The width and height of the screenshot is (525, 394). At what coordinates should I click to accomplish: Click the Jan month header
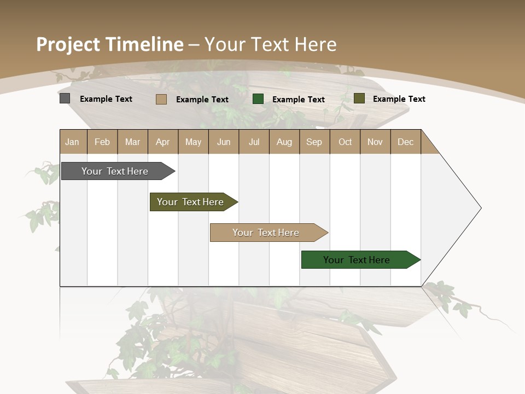[73, 142]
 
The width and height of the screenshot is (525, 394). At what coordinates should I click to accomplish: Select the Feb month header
[102, 142]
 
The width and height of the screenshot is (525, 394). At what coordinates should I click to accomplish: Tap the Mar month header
[132, 142]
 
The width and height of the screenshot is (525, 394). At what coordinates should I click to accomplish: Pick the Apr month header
[163, 142]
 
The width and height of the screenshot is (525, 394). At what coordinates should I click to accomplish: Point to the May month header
[193, 142]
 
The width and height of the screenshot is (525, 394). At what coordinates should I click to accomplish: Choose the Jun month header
[224, 142]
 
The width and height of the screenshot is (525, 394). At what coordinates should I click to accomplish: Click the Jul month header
[254, 142]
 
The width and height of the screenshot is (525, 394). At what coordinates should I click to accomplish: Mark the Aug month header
[284, 142]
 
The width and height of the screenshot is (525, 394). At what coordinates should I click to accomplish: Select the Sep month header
[314, 142]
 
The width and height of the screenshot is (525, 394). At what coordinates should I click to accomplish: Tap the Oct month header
[345, 142]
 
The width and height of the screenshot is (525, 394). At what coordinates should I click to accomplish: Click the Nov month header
[375, 142]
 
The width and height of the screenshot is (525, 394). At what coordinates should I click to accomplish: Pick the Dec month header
[406, 142]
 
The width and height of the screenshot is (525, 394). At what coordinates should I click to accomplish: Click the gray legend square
[65, 99]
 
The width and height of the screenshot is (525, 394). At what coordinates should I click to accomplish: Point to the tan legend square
[161, 99]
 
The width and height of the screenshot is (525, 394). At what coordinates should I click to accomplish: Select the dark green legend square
[258, 99]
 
